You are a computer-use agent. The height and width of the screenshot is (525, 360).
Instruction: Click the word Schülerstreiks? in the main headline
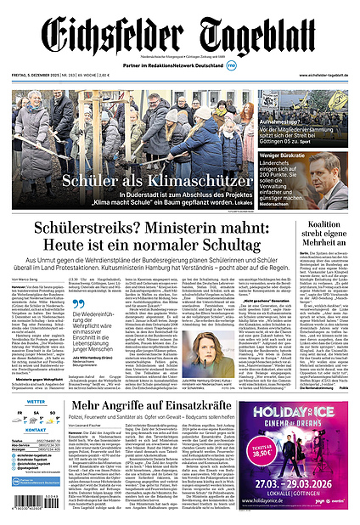(94, 228)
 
